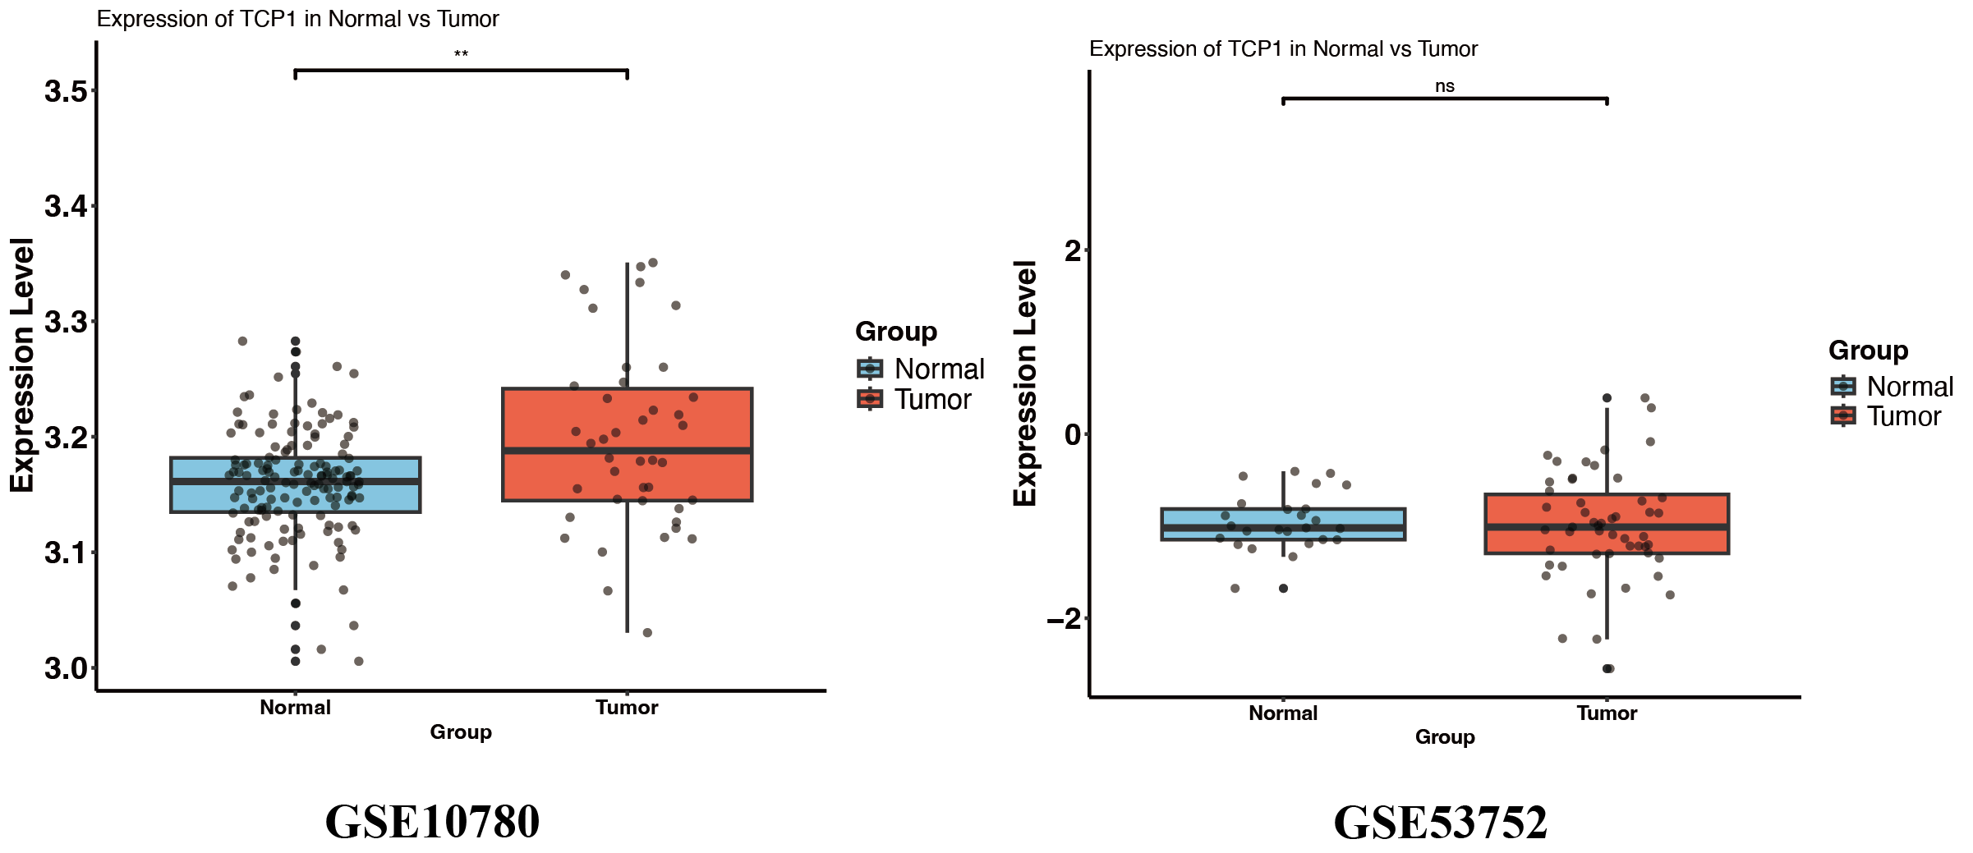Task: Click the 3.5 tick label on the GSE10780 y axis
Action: coord(66,91)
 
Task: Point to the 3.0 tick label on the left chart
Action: coord(66,668)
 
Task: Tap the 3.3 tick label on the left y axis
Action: coord(66,322)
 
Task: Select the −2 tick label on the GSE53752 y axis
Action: coord(1064,619)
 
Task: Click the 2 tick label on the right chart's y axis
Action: coord(1073,250)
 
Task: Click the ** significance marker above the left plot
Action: coord(461,55)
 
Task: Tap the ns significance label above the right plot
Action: coord(1444,86)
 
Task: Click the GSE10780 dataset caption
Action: coord(432,821)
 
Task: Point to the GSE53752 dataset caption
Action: coord(1440,822)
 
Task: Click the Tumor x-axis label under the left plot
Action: coord(627,708)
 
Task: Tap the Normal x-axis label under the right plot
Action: coord(1283,713)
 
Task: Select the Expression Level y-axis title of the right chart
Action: coord(1025,383)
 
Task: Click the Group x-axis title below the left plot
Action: coord(461,732)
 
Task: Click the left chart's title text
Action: coord(297,19)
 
